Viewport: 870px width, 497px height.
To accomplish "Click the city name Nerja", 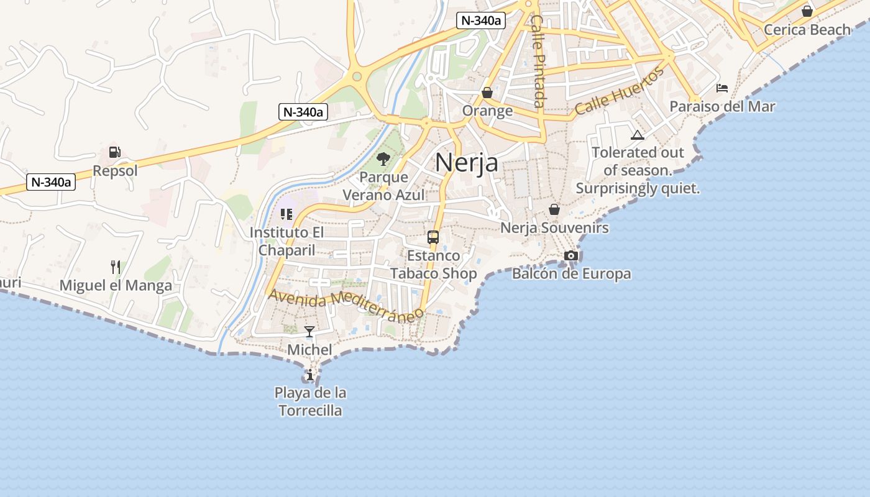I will coord(467,163).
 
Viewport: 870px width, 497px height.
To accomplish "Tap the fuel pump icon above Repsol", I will coord(114,152).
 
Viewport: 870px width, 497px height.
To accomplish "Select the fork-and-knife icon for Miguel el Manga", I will coord(115,267).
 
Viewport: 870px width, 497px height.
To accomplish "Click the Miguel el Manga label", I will coord(116,286).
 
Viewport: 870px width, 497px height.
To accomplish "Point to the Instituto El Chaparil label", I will coord(286,241).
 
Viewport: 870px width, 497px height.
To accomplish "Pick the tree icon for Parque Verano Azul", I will coord(383,159).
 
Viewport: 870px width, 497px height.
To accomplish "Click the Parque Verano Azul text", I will coord(384,186).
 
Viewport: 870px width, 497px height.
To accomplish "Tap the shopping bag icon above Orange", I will coord(487,93).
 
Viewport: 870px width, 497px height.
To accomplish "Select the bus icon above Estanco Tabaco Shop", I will coord(433,237).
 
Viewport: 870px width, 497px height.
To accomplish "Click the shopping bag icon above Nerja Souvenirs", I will coord(554,209).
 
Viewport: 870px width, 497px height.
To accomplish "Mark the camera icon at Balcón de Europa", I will coord(571,255).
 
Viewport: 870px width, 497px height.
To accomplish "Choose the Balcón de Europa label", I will coord(571,273).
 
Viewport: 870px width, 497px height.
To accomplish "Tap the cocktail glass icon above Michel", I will coord(309,332).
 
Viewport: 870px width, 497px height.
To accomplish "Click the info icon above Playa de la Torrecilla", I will coord(310,375).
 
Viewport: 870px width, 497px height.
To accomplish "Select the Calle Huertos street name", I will coord(619,91).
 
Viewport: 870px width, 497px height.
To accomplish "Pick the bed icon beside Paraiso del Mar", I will coord(722,88).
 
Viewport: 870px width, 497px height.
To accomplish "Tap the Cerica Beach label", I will coord(807,29).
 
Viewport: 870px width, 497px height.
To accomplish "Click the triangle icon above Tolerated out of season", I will coord(637,135).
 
